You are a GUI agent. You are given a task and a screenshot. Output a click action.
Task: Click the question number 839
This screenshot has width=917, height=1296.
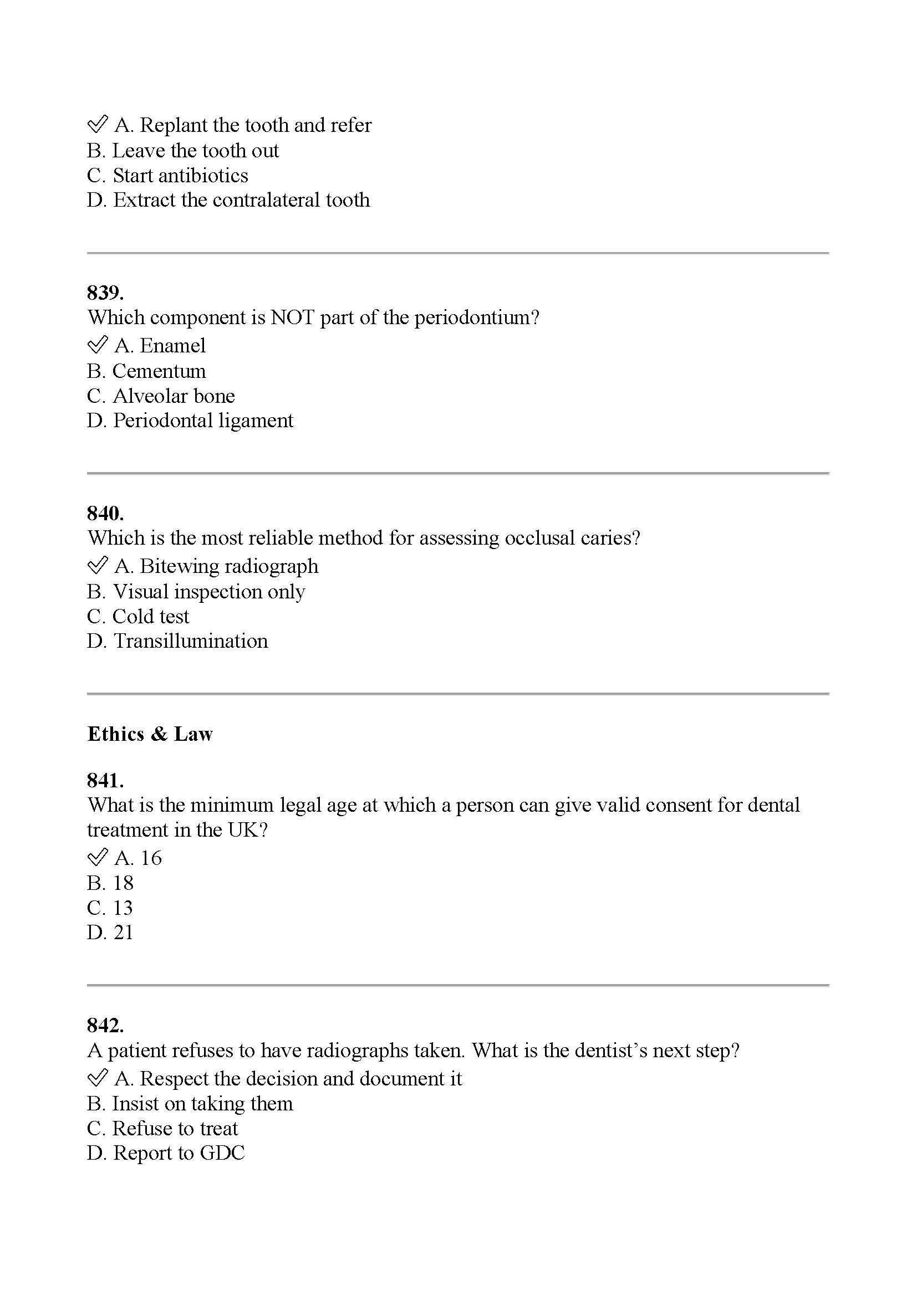tap(105, 293)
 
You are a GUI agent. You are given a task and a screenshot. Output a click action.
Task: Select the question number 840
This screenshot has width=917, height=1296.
tap(105, 513)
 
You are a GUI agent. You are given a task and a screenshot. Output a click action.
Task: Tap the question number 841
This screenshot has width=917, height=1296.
tap(105, 780)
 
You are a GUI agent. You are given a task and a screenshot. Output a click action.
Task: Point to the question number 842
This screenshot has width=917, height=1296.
tap(105, 1025)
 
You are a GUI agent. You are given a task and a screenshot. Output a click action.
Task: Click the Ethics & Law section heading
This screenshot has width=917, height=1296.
tap(150, 734)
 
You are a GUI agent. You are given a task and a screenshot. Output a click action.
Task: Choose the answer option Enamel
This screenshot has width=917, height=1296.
tap(172, 345)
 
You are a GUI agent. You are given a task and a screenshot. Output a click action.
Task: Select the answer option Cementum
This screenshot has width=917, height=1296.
tap(159, 371)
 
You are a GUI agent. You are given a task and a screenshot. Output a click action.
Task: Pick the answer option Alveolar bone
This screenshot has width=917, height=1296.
tap(174, 396)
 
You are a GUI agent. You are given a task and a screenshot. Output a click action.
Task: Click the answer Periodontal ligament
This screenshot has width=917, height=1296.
tap(203, 421)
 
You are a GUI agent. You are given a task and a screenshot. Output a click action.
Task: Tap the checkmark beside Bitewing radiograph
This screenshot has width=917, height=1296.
tap(97, 565)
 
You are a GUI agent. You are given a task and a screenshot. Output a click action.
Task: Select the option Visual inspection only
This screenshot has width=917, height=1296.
tap(209, 592)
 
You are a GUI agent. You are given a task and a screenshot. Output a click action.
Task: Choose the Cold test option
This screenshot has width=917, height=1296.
tap(150, 616)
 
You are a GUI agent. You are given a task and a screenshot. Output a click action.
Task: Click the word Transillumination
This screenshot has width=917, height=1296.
tap(190, 641)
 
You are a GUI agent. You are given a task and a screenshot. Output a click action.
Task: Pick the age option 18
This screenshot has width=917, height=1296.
tap(123, 883)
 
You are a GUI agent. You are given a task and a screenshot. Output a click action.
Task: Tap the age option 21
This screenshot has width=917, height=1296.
tap(123, 933)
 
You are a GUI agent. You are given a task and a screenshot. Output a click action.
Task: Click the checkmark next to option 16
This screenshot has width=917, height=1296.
tap(97, 857)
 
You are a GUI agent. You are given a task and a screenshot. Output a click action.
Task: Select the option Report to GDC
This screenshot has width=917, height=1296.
tap(179, 1152)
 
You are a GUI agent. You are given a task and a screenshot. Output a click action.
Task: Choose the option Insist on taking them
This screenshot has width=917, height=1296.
tap(202, 1104)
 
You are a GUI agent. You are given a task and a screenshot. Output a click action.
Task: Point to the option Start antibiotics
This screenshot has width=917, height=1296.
tap(180, 176)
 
